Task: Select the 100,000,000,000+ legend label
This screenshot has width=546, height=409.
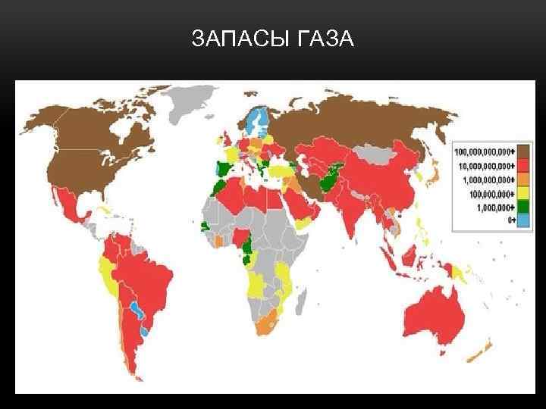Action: tap(485, 149)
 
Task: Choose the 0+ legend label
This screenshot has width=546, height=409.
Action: tap(510, 220)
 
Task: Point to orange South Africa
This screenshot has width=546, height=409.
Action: tap(270, 323)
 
